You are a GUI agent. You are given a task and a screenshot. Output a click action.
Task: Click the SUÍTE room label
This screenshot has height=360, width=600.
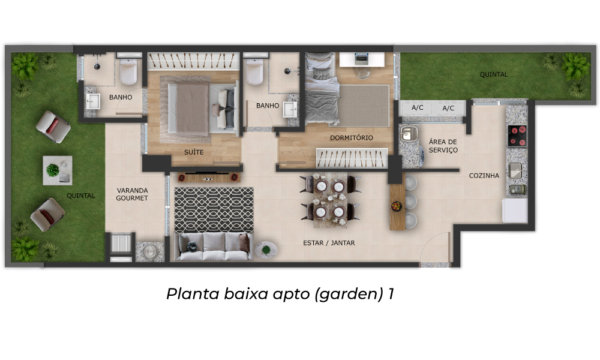[194, 152]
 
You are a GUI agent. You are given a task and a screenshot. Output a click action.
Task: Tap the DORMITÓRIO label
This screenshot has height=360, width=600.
[351, 138]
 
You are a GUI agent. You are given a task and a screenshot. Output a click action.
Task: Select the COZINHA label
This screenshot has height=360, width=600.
[484, 176]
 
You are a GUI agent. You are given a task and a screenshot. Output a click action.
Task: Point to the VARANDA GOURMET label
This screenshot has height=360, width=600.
[132, 194]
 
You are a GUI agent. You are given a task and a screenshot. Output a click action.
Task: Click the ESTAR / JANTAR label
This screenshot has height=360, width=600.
[329, 243]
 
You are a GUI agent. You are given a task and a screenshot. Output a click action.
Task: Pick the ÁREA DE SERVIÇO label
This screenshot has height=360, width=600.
[443, 146]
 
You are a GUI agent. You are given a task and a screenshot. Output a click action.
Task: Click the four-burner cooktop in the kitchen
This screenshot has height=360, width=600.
[517, 136]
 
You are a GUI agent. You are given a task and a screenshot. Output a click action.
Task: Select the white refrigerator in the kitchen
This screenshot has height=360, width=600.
[515, 210]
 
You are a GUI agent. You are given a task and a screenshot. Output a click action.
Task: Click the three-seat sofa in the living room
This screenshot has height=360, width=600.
[214, 247]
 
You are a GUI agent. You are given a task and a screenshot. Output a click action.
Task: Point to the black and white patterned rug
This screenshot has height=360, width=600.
[214, 210]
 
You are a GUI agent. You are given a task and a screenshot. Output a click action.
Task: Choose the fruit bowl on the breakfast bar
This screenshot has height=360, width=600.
[397, 206]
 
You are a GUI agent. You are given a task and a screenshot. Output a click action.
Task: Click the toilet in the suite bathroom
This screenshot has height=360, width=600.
[128, 71]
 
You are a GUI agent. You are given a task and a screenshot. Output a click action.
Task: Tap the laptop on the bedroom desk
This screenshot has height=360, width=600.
[362, 59]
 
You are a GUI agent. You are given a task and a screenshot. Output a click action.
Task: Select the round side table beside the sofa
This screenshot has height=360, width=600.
[266, 250]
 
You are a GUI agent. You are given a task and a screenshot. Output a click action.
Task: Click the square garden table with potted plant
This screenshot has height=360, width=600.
[58, 170]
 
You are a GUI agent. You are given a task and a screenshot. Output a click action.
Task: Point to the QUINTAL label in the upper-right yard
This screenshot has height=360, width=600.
[494, 74]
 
